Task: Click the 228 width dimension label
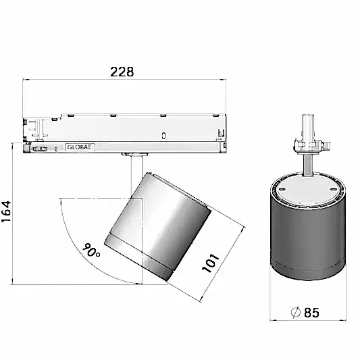(122, 72)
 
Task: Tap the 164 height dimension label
(6, 211)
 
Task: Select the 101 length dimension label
(211, 263)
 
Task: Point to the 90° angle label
(91, 250)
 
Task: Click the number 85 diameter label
(311, 313)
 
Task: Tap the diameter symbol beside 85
(296, 312)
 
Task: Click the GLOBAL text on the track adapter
(80, 147)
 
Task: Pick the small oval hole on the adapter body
(163, 136)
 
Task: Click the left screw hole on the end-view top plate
(282, 189)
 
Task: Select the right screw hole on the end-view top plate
(333, 189)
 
